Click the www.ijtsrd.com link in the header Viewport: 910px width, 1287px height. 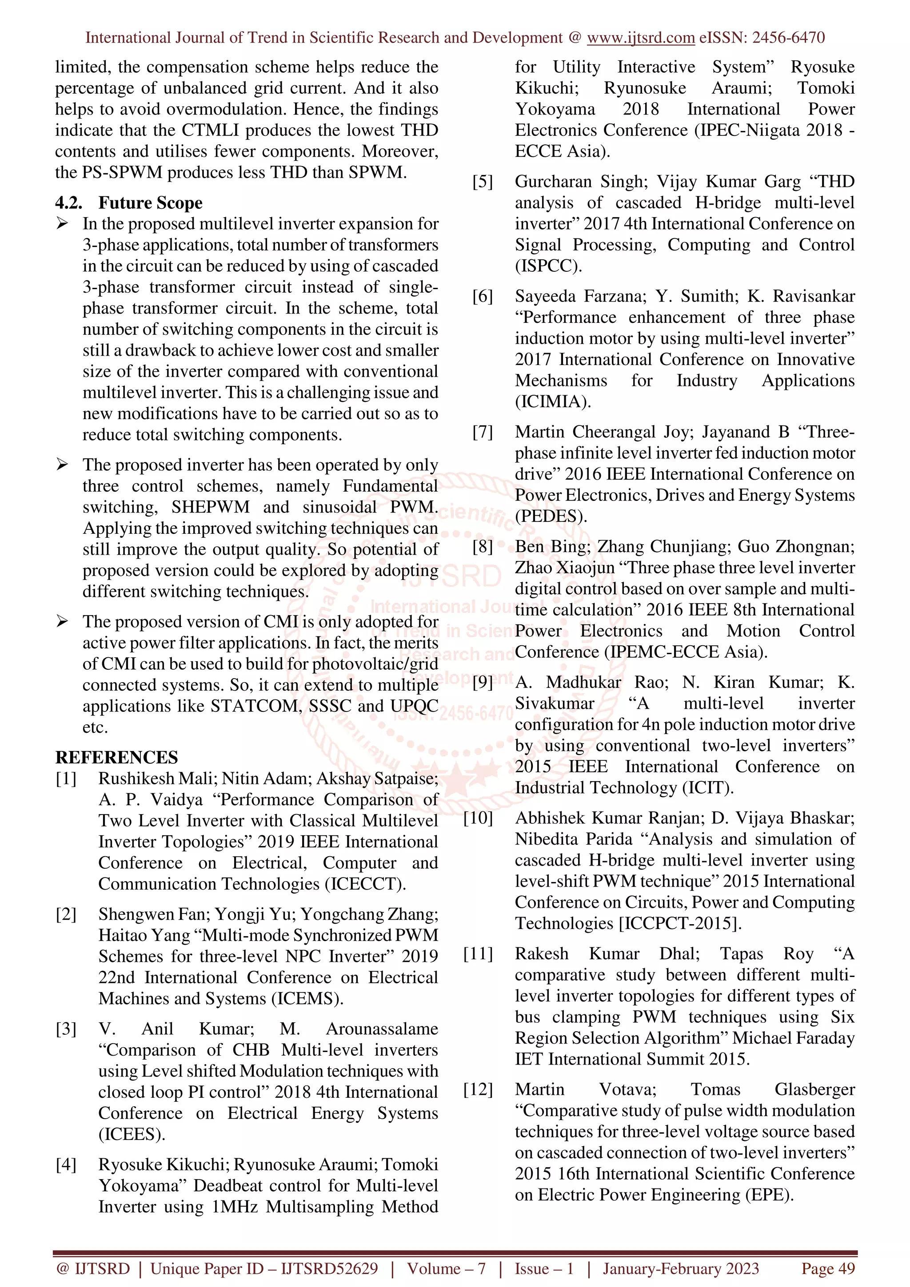[x=640, y=38]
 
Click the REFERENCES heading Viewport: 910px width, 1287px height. [x=116, y=757]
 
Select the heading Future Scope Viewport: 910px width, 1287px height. [x=150, y=203]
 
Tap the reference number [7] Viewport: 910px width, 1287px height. [x=483, y=432]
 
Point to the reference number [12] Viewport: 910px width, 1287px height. [x=478, y=1089]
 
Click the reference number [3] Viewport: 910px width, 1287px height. [x=66, y=1029]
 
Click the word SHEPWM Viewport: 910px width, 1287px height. [x=210, y=507]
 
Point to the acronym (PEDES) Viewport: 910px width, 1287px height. [x=551, y=516]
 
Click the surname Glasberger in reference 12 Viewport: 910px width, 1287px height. [x=814, y=1089]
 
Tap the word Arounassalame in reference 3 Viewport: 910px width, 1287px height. [x=382, y=1029]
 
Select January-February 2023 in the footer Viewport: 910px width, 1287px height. [x=680, y=1268]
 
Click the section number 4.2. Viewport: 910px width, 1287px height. [x=68, y=203]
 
